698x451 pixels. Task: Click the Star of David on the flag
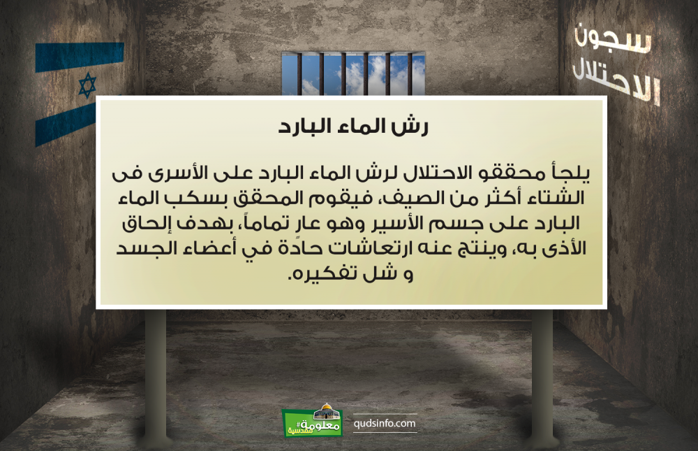[87, 85]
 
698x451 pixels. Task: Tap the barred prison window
[353, 73]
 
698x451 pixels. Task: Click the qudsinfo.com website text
[385, 423]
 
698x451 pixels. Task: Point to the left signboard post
[156, 375]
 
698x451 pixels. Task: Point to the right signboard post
[542, 375]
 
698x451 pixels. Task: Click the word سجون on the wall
[613, 40]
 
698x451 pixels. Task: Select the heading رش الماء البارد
[353, 127]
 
